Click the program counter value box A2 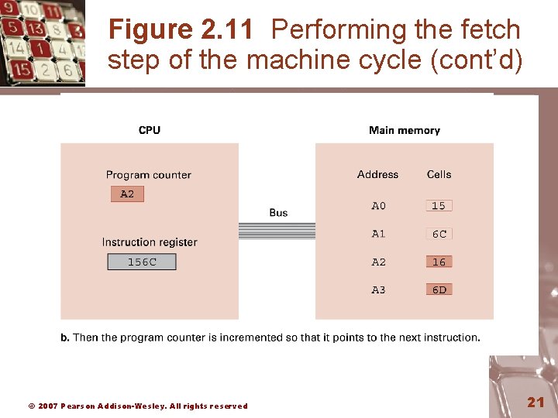[x=127, y=194]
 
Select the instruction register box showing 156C [x=142, y=262]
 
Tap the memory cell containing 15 [x=439, y=206]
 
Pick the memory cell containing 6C [x=439, y=234]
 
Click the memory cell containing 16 [x=439, y=262]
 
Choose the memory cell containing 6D [x=439, y=290]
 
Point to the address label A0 [x=378, y=206]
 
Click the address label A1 [x=378, y=234]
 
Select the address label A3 [x=378, y=290]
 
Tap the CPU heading [x=150, y=130]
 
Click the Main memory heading [x=405, y=130]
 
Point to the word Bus [x=278, y=212]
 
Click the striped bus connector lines [x=277, y=230]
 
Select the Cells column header [x=439, y=175]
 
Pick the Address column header [x=378, y=175]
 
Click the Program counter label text [x=148, y=175]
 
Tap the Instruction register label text [x=150, y=242]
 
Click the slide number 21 [x=536, y=402]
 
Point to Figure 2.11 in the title [x=181, y=30]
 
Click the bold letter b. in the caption [x=65, y=337]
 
